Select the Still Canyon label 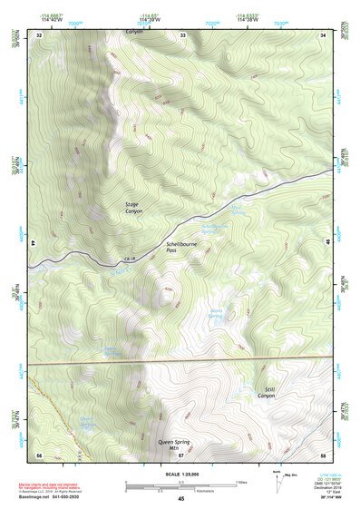click(266, 392)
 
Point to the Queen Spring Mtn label click(180, 445)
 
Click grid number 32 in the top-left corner click(39, 34)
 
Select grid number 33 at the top click(182, 34)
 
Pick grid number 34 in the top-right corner click(324, 34)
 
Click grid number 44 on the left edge click(33, 243)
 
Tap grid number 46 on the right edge click(327, 243)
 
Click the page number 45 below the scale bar click(181, 499)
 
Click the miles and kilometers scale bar click(180, 485)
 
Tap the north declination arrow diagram click(277, 478)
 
